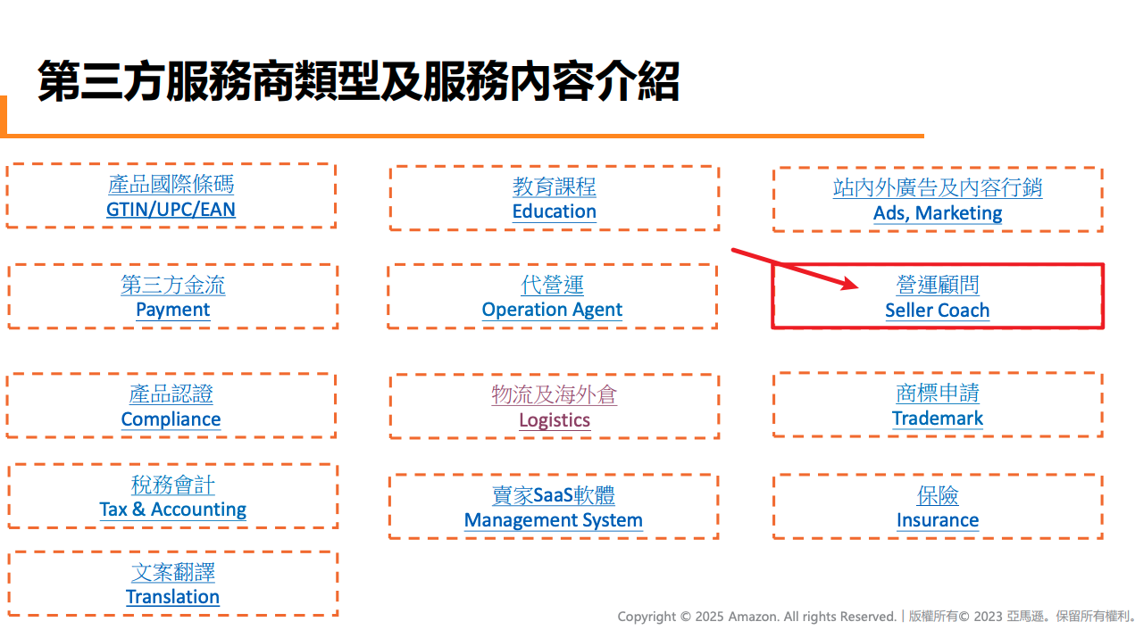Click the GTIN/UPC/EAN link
tap(171, 209)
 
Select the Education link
tap(555, 211)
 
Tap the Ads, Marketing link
tap(938, 213)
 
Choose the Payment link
tap(172, 310)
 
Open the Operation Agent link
tap(552, 310)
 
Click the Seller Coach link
tap(938, 310)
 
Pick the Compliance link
tap(171, 419)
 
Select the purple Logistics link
tap(555, 420)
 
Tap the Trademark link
tap(938, 419)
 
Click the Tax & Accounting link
tap(172, 509)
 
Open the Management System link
tap(554, 520)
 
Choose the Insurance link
tap(938, 520)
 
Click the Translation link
tap(172, 597)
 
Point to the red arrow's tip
tap(858, 286)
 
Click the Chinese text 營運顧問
tap(938, 285)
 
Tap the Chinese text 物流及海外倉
tap(555, 394)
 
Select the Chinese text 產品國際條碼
tap(171, 184)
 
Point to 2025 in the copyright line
tap(709, 617)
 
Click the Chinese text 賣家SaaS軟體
tap(554, 494)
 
